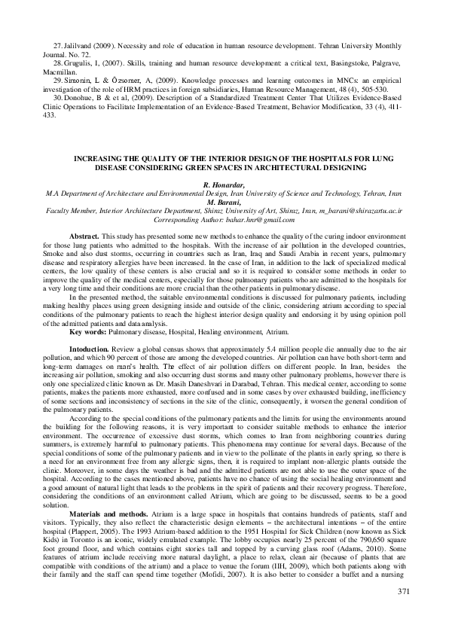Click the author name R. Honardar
224,184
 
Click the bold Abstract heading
84,236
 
